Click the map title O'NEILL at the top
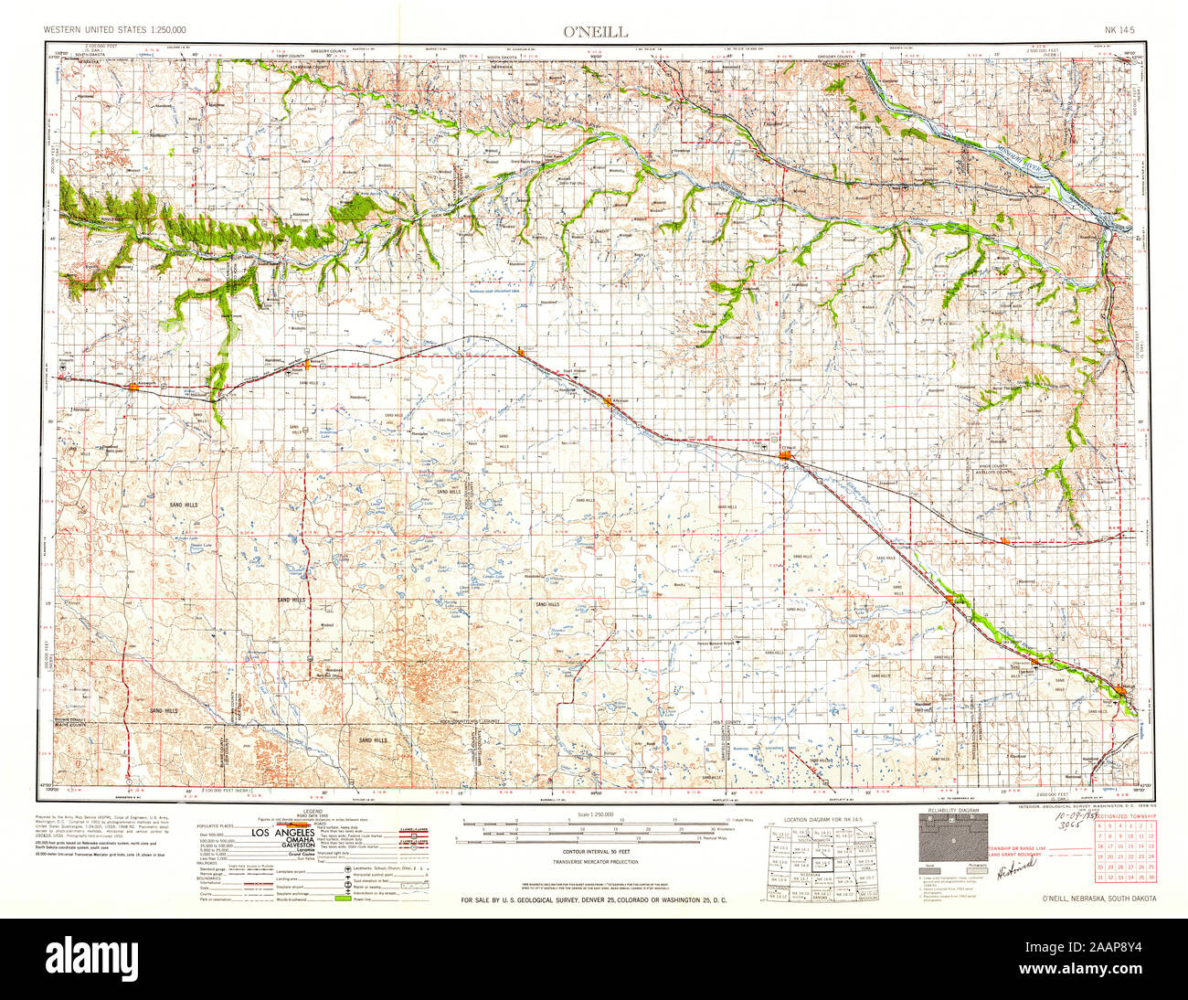click(x=595, y=31)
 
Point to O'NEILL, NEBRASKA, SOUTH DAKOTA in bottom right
click(x=1098, y=898)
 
